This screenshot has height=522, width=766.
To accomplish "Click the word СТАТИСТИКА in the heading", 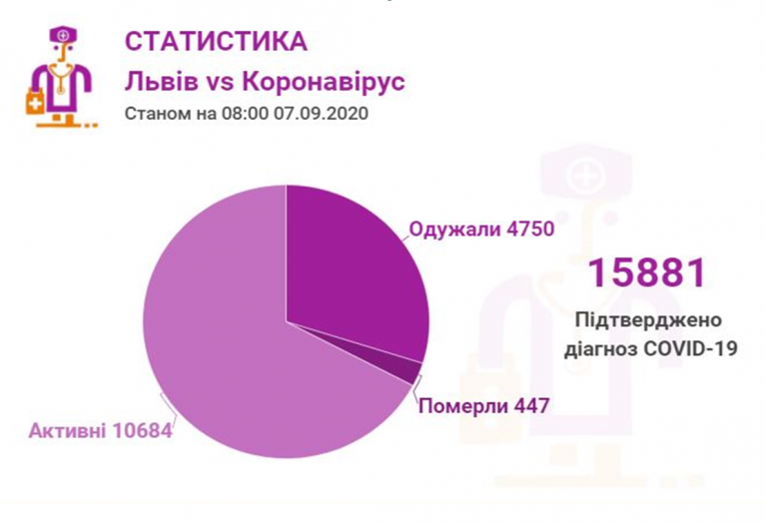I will tap(216, 42).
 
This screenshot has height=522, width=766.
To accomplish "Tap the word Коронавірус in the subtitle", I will tap(331, 82).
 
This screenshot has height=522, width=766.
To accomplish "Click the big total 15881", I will tap(646, 273).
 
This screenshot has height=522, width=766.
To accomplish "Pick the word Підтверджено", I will tap(647, 320).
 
